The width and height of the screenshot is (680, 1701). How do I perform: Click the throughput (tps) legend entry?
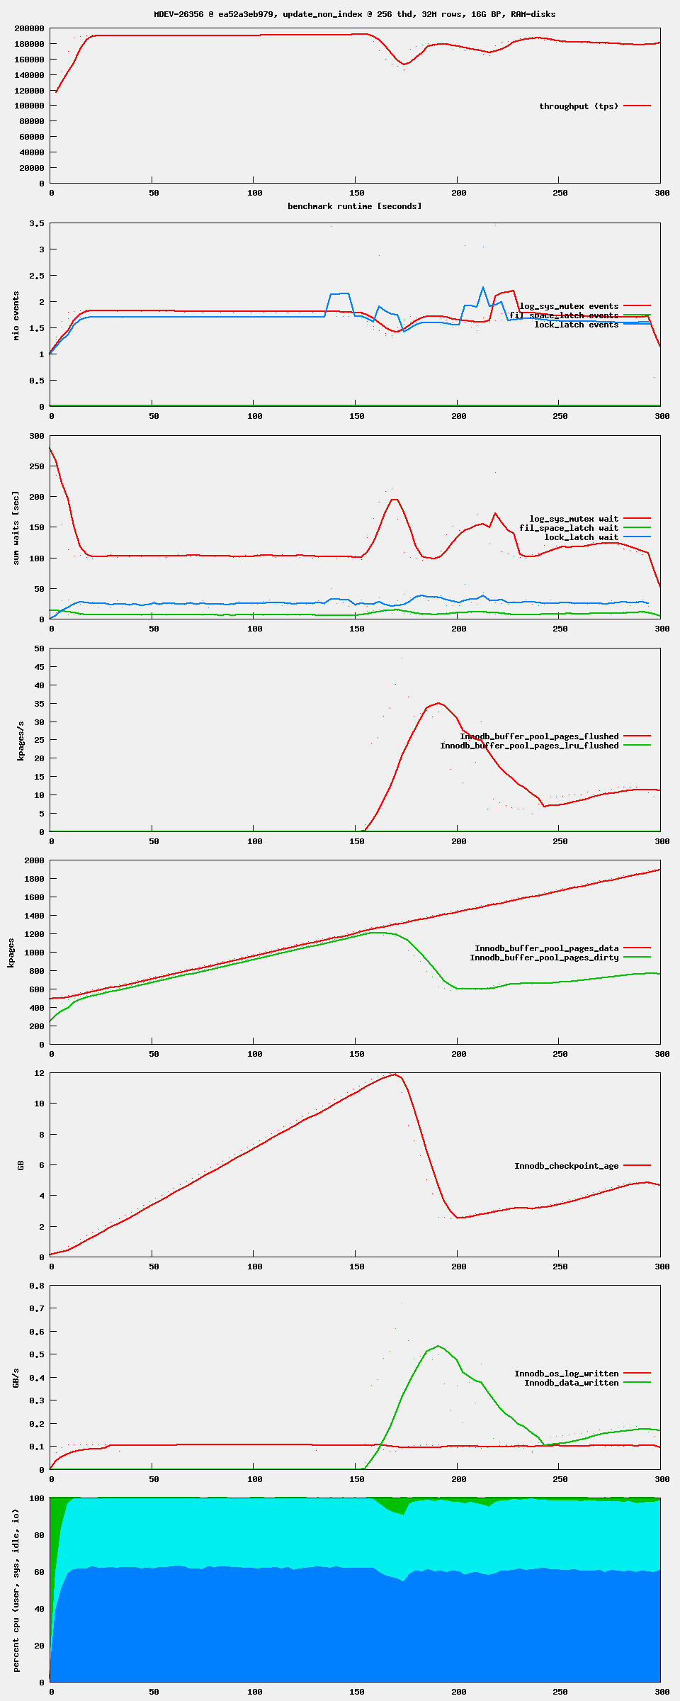579,106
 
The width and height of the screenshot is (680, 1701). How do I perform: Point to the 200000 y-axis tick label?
30,28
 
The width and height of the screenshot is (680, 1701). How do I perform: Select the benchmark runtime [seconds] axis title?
354,206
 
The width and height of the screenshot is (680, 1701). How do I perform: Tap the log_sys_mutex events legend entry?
569,306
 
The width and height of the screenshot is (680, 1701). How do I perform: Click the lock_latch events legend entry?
576,325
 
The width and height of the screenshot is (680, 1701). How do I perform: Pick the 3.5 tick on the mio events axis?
37,223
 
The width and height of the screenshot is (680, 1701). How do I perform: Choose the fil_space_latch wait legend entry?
569,528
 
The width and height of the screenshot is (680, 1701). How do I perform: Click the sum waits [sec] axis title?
16,528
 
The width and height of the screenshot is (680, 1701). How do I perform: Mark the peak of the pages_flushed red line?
439,703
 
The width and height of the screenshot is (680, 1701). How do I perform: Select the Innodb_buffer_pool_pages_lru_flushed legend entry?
529,746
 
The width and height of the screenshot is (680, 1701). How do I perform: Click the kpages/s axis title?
21,741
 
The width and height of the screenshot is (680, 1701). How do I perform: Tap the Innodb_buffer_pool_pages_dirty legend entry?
544,958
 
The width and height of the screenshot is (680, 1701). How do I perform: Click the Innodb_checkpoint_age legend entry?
566,1166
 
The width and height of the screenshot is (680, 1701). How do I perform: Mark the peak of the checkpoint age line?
395,1074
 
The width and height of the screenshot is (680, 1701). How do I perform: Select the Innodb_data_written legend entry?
571,1383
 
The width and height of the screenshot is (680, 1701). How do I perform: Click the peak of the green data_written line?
438,1346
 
